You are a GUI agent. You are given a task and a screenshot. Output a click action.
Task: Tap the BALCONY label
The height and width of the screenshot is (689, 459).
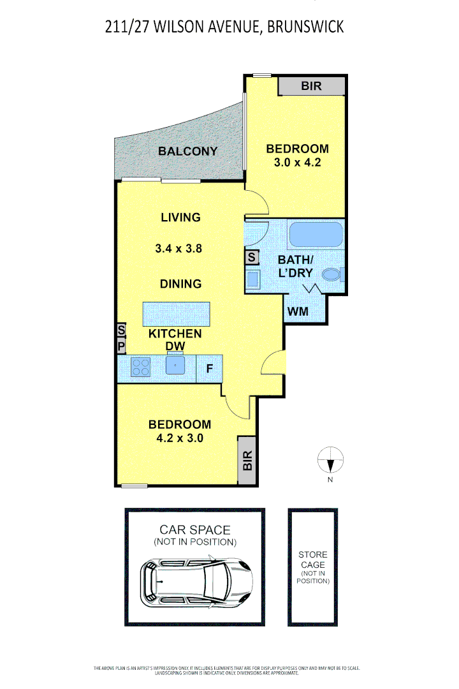(x=187, y=151)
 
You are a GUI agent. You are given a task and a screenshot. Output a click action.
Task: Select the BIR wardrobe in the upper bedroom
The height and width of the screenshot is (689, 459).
(x=312, y=86)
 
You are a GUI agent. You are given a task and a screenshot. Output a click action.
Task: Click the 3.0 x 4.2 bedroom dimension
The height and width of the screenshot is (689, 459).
(x=297, y=162)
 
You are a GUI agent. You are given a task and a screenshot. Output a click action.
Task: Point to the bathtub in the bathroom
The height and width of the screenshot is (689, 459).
(x=316, y=235)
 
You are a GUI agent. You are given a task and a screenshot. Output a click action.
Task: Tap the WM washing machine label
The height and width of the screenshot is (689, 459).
(x=298, y=312)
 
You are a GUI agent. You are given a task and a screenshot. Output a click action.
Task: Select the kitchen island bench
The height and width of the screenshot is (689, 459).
(x=177, y=313)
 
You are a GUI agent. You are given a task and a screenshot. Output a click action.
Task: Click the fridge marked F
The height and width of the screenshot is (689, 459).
(x=209, y=368)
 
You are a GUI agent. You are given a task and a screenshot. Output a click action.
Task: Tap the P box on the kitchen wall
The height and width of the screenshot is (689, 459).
(x=121, y=346)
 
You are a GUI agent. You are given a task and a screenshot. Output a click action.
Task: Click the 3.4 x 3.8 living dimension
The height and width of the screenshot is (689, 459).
(x=178, y=249)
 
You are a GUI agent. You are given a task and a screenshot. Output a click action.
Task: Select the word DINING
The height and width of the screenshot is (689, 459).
(x=181, y=284)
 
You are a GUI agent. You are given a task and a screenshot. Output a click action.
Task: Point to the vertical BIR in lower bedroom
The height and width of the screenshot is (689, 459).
(x=247, y=460)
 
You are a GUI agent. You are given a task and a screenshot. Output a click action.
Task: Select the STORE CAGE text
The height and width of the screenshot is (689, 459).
(x=313, y=559)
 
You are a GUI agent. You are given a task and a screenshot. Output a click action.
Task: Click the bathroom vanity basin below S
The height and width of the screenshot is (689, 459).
(x=252, y=279)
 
